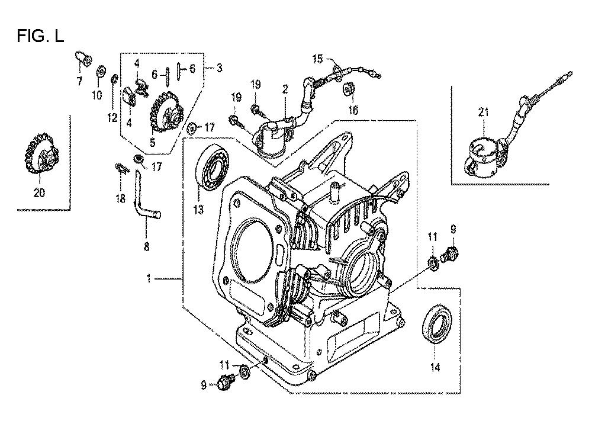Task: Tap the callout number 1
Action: (149, 277)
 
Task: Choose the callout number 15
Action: (318, 58)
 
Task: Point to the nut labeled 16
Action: (349, 89)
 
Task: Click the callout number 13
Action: (198, 192)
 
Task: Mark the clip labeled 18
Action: (121, 169)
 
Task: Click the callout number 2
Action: (285, 89)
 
